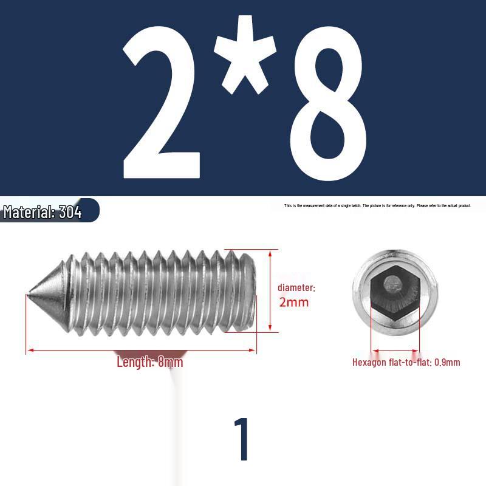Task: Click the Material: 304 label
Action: pos(43,213)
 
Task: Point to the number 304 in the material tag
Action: pos(70,213)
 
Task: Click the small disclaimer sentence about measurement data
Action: pos(377,206)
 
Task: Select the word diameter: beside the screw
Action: pos(296,287)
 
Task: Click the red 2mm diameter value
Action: pos(294,302)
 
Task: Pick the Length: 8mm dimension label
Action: pos(149,363)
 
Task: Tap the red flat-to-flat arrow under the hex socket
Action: pos(395,351)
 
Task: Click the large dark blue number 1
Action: pos(242,439)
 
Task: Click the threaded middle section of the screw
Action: pos(152,292)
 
